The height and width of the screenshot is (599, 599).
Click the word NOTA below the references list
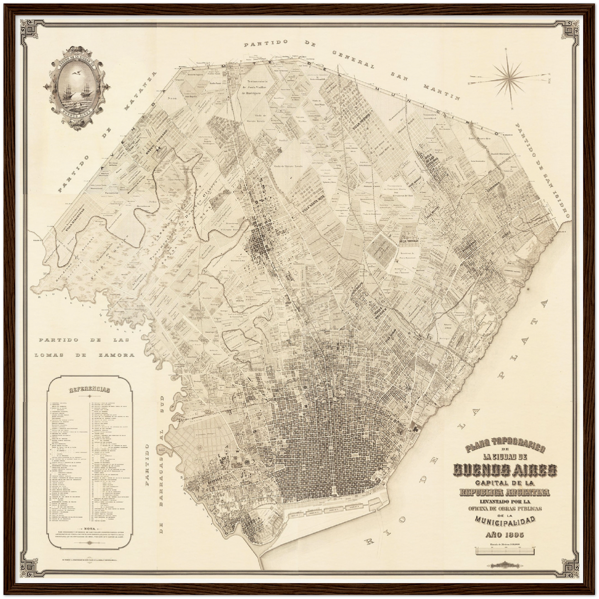90,529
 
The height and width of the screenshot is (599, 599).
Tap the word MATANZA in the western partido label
140,95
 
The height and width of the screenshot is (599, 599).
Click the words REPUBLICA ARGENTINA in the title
505,492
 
